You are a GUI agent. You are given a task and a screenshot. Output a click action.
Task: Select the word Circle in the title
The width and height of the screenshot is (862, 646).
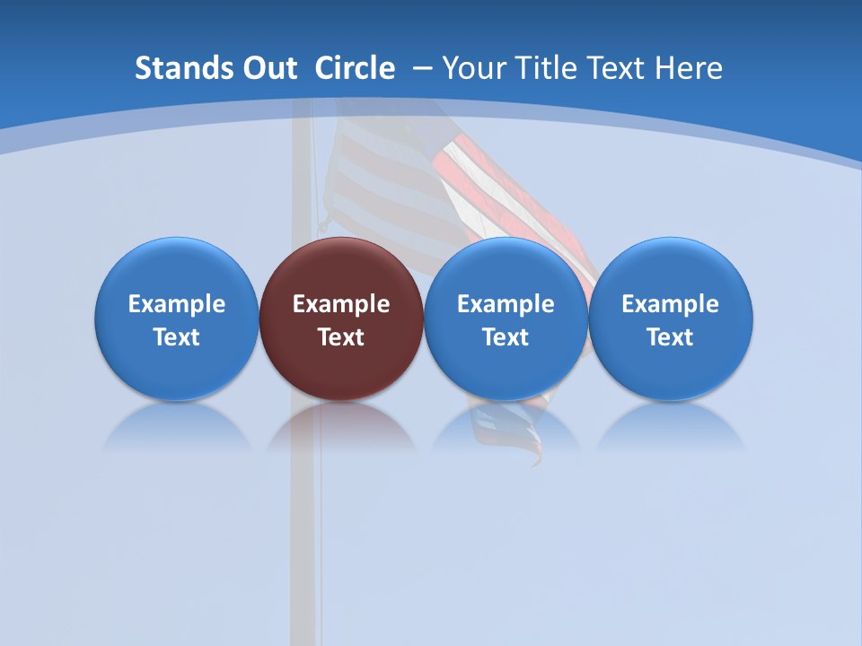click(355, 68)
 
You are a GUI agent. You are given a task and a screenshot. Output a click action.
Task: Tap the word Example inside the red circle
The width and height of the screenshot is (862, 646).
click(341, 304)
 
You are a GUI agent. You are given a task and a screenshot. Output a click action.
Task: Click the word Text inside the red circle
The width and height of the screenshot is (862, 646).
click(341, 337)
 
